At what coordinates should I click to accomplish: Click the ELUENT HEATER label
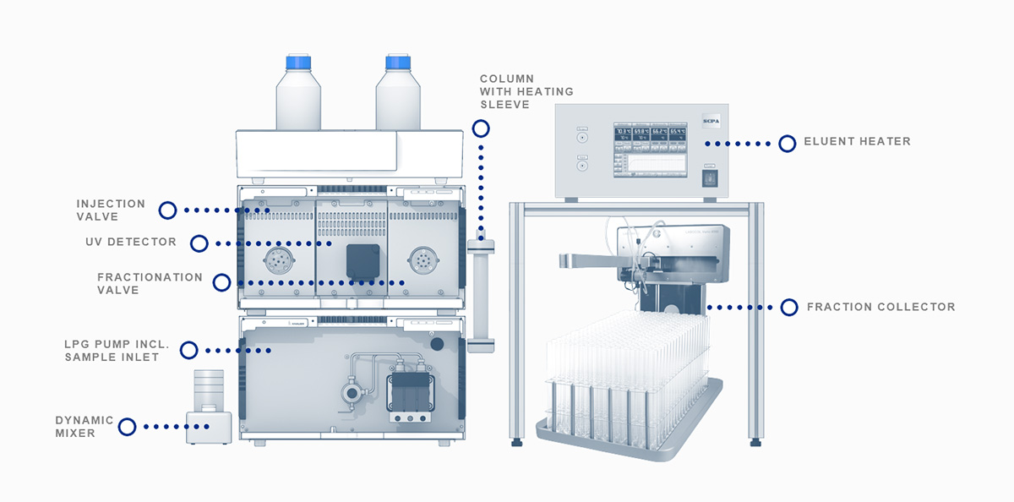pos(857,141)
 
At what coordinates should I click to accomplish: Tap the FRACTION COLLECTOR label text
pos(880,307)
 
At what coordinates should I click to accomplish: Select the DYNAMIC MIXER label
pos(84,427)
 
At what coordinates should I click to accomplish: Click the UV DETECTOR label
pos(131,243)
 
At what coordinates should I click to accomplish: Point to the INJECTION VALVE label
pos(111,210)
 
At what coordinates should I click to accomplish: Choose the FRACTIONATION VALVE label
pos(150,283)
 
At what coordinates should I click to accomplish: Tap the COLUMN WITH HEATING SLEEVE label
pos(526,91)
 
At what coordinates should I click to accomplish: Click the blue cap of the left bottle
pos(298,63)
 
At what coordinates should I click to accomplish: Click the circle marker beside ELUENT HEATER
pos(787,143)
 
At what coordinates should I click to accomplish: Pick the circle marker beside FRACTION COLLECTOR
pos(788,307)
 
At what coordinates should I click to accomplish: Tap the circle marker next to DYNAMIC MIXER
pos(127,427)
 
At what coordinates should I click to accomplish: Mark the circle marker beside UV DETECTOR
pos(199,243)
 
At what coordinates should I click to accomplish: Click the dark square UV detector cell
pos(363,261)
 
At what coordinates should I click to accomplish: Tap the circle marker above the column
pos(481,128)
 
